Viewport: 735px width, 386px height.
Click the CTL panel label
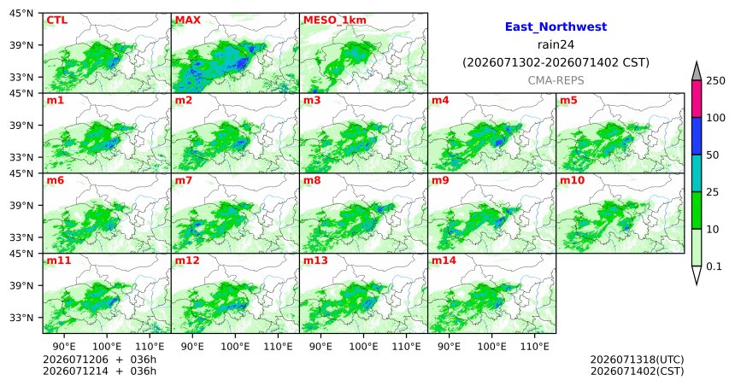pos(56,20)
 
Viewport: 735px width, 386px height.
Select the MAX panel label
pos(187,20)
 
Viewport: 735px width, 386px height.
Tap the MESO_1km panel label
pos(335,20)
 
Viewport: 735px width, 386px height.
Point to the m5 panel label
pos(568,100)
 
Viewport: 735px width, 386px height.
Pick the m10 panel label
pos(572,180)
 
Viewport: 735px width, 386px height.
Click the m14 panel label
pos(444,260)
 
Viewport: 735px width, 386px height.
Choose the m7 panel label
pos(183,180)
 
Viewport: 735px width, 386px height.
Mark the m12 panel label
pos(187,260)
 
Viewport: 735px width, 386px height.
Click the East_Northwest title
pos(556,27)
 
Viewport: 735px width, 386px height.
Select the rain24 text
pos(556,44)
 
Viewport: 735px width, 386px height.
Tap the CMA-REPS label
pos(556,80)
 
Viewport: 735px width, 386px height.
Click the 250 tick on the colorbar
pos(716,81)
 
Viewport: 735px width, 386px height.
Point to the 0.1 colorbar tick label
pos(714,266)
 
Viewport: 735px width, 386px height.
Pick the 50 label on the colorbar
pos(713,155)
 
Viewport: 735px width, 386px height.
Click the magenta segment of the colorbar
pos(697,99)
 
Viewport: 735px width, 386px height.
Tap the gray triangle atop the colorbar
pos(697,72)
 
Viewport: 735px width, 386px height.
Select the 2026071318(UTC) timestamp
pos(637,360)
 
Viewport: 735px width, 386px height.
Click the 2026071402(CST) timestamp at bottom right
pos(637,371)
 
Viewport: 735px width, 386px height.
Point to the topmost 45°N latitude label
pos(21,13)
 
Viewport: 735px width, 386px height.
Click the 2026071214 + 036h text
pos(99,371)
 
